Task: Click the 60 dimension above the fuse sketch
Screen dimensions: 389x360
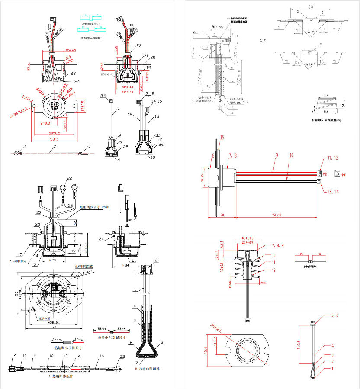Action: (311, 7)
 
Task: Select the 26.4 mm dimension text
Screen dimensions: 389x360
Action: (217, 26)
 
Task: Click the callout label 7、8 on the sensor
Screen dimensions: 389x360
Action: (233, 154)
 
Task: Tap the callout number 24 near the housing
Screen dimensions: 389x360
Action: (65, 81)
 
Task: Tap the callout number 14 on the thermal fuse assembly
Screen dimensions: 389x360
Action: (78, 356)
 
